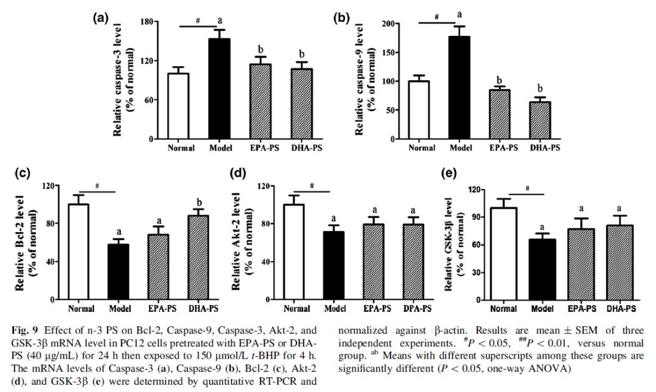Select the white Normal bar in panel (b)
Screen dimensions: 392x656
pos(419,110)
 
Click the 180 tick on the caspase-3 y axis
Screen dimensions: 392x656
pos(145,22)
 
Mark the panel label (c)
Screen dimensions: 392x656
pos(22,173)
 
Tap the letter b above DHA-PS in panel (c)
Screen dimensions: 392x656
pos(198,202)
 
